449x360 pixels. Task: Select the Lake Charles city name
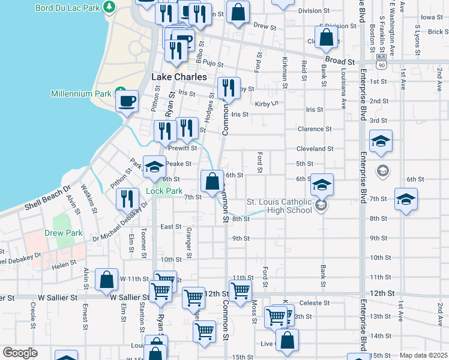pyautogui.click(x=179, y=77)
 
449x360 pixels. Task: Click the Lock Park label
pyautogui.click(x=164, y=191)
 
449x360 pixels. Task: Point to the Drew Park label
pyautogui.click(x=63, y=233)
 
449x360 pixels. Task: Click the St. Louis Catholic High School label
pyautogui.click(x=279, y=206)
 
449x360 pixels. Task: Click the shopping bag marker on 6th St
pyautogui.click(x=212, y=181)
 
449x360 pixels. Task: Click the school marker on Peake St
pyautogui.click(x=154, y=168)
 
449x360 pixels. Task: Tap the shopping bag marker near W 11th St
pyautogui.click(x=106, y=279)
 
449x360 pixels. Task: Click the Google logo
pyautogui.click(x=20, y=353)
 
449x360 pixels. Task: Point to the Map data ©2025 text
pyautogui.click(x=423, y=355)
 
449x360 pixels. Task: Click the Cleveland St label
pyautogui.click(x=315, y=149)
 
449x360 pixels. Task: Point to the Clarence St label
pyautogui.click(x=315, y=129)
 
